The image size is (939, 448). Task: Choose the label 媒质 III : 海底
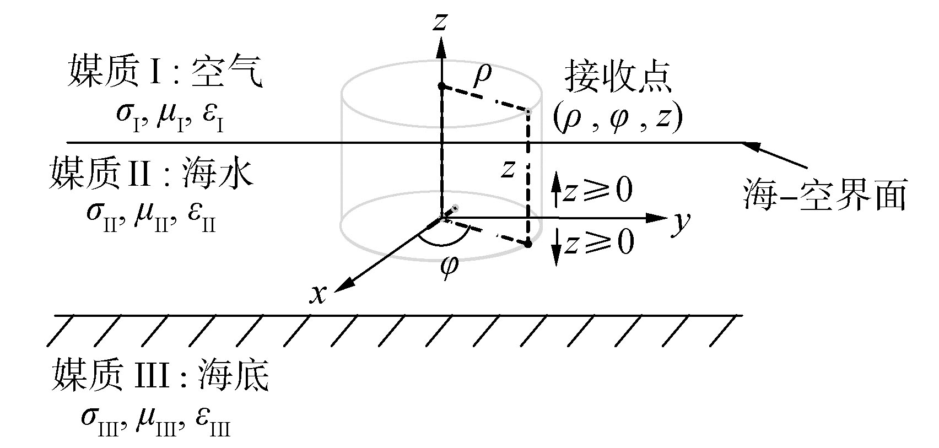tap(160, 376)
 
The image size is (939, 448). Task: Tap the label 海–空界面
tap(824, 196)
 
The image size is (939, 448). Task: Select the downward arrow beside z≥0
tap(557, 255)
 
